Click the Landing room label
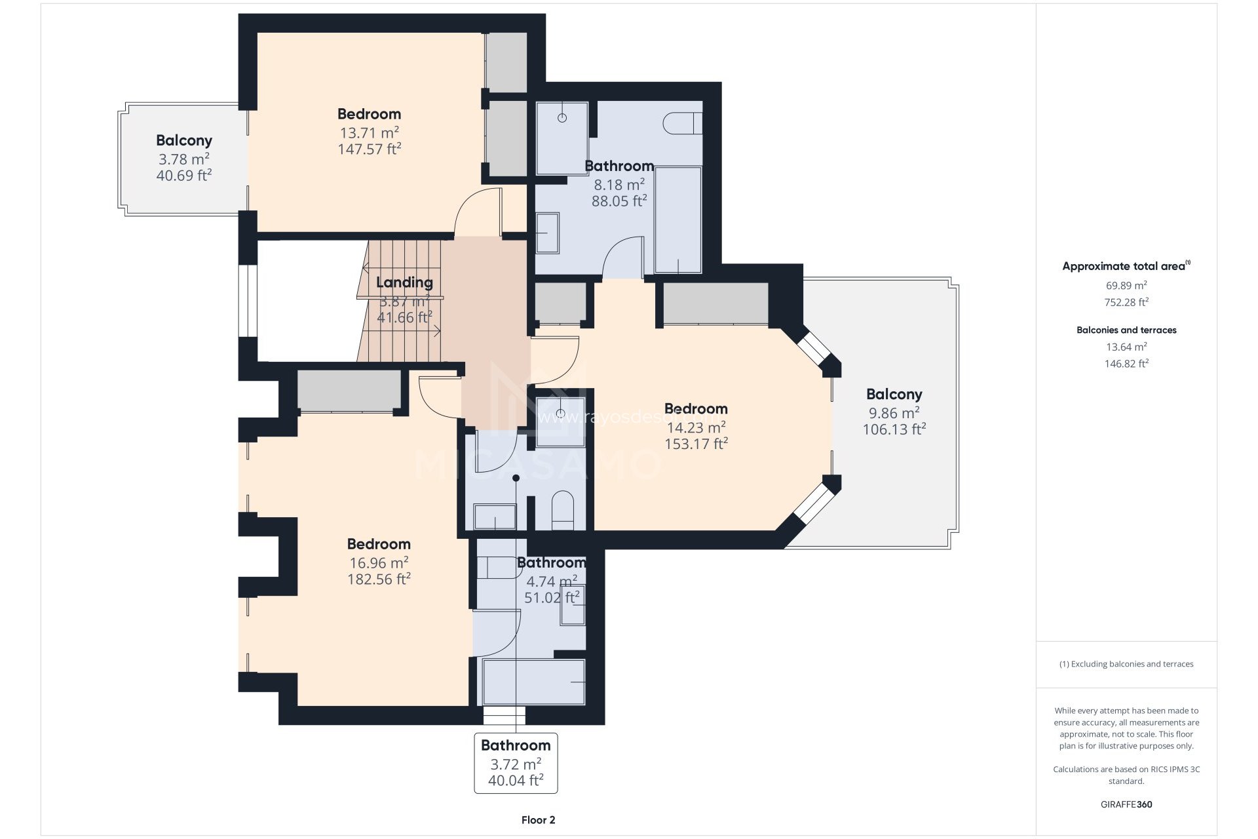click(404, 283)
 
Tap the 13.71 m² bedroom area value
click(369, 133)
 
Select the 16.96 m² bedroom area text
click(379, 563)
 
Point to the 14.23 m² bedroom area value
click(696, 428)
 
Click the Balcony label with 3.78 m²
click(183, 140)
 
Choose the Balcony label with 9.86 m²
click(894, 395)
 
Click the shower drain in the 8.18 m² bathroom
click(562, 118)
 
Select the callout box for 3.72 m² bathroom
click(516, 763)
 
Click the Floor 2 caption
click(538, 820)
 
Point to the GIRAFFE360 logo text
click(1126, 804)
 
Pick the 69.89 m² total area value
click(1126, 286)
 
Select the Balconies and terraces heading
click(1126, 330)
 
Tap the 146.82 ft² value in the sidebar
click(1126, 364)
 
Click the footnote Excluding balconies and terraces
click(1126, 664)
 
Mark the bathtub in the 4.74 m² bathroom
click(533, 682)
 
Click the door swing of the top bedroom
click(477, 211)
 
